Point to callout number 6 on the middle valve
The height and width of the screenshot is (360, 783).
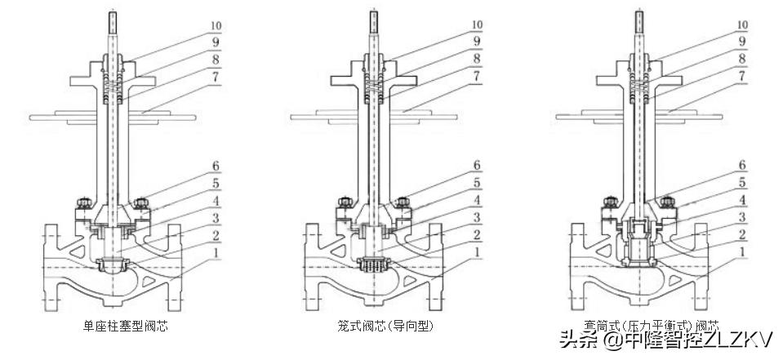pos(476,165)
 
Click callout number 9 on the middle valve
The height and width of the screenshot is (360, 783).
pos(476,41)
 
